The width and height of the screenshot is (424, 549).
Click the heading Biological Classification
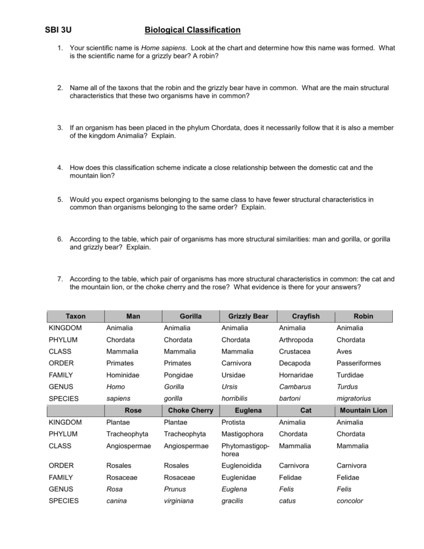[192, 30]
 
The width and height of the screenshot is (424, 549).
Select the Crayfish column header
[306, 316]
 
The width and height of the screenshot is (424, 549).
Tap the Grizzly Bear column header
[248, 316]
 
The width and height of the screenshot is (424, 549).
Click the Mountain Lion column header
[363, 410]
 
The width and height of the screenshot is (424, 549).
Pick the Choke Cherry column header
[191, 410]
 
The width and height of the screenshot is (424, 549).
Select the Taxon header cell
[76, 316]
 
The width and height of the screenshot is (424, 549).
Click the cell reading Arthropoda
[296, 340]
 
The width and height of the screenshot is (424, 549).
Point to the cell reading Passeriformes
[359, 363]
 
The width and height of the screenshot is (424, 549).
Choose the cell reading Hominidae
[123, 375]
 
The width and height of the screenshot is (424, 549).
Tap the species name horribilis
[234, 398]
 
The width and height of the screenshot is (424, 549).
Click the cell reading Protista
[233, 422]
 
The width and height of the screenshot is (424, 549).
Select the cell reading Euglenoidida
[242, 466]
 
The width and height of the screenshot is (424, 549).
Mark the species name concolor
[350, 501]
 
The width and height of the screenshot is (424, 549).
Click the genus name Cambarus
[295, 387]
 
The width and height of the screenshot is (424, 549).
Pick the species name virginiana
[179, 501]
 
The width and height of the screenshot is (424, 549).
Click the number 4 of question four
[59, 168]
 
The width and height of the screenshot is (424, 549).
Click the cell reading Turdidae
[350, 375]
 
